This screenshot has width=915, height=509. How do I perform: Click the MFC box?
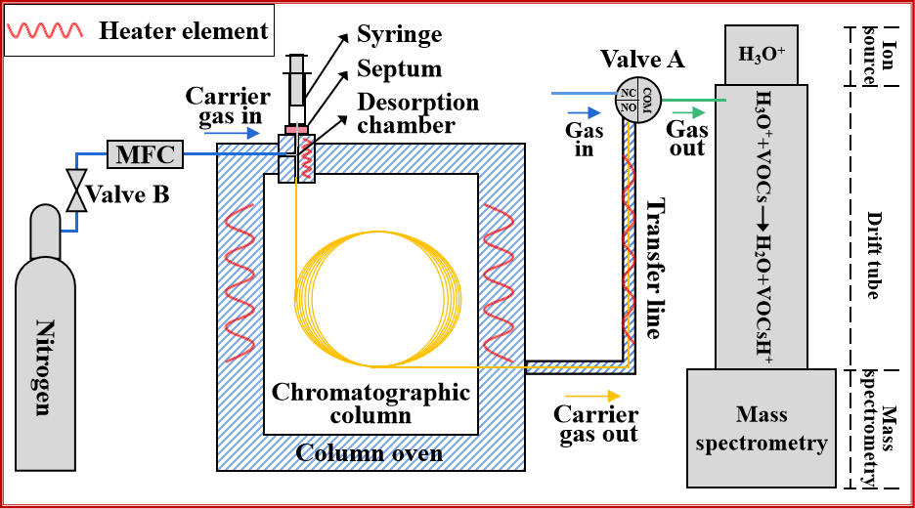click(x=145, y=154)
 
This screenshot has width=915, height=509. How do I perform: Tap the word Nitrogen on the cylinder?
click(x=44, y=366)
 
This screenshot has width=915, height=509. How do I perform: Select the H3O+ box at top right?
click(x=762, y=55)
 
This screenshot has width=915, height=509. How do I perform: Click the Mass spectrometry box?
click(x=762, y=429)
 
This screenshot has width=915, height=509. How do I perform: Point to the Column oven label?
click(x=369, y=453)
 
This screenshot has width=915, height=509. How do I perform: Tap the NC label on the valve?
click(x=629, y=93)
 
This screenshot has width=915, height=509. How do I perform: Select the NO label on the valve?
click(x=629, y=107)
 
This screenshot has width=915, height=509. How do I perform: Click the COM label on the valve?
click(x=647, y=100)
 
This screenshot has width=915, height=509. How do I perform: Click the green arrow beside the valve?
click(x=689, y=112)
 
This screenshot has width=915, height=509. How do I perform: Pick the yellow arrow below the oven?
click(x=593, y=396)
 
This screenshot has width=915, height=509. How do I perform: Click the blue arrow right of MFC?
click(x=232, y=133)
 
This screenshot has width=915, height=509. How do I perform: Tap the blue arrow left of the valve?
click(x=584, y=113)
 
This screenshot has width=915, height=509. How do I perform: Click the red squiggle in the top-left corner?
click(x=44, y=30)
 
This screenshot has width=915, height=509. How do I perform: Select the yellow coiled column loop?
click(x=377, y=298)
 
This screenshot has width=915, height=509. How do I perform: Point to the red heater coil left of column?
click(x=240, y=283)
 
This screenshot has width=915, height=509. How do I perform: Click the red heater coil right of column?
click(x=498, y=283)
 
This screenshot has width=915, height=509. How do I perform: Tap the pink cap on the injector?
click(x=296, y=130)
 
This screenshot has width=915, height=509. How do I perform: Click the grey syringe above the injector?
click(x=296, y=80)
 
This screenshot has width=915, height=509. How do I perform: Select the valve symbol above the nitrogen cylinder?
click(x=76, y=190)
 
